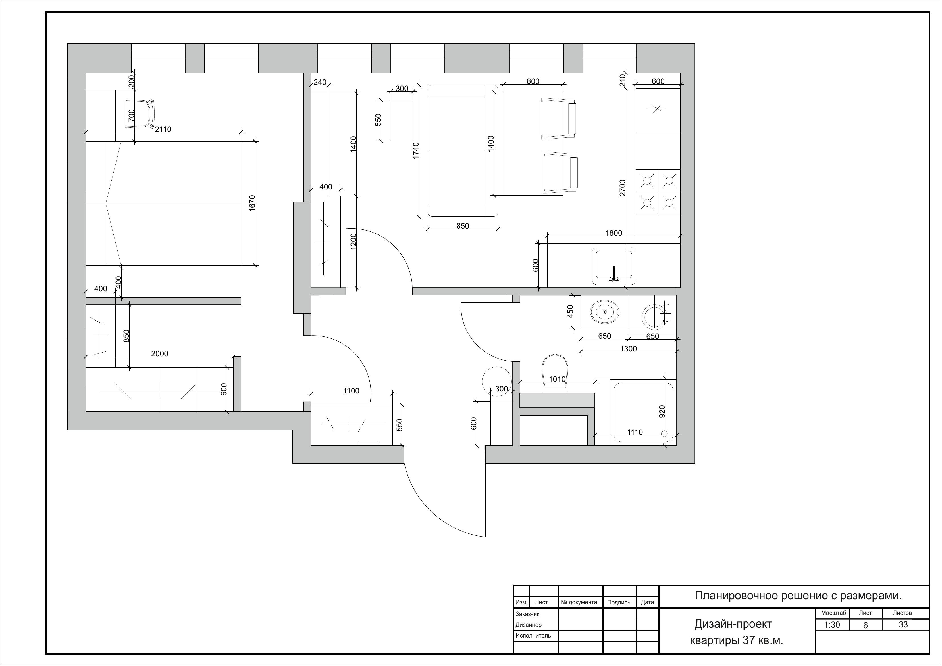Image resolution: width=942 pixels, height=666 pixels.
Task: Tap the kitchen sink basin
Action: tap(613, 266)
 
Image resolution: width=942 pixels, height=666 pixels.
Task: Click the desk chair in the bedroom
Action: tap(140, 113)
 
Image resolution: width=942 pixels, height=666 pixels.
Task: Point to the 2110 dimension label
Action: tap(163, 129)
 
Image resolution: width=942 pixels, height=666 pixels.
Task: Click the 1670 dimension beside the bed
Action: tap(252, 203)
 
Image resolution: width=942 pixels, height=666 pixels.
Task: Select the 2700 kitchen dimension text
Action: tap(622, 188)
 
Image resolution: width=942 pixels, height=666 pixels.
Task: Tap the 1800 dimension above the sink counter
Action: tap(614, 233)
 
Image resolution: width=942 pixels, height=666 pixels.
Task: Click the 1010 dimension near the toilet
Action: tap(557, 379)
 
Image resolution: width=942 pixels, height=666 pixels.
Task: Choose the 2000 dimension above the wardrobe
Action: tap(160, 353)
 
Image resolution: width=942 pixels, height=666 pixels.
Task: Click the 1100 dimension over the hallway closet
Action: tap(351, 391)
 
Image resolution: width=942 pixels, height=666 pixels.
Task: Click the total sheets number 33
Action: tap(903, 625)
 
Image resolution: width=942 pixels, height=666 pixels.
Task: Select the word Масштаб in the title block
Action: tap(834, 613)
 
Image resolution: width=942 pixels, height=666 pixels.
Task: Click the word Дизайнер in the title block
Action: tap(529, 625)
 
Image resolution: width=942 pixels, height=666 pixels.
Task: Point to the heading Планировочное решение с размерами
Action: tap(798, 596)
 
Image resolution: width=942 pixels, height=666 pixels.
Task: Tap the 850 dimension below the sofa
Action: tap(463, 226)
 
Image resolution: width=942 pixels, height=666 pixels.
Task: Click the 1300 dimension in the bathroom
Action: tap(628, 349)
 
